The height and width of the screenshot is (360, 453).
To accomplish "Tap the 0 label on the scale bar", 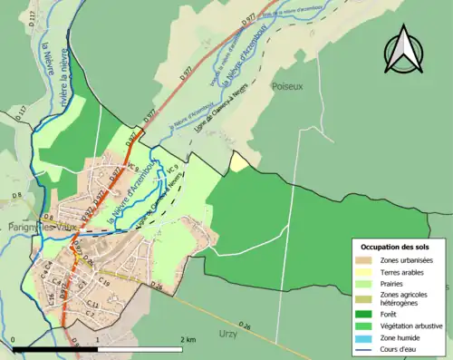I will click(x=14, y=339).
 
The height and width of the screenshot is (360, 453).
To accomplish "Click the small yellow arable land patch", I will click(x=238, y=161).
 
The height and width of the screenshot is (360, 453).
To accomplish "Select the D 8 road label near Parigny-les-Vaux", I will click(x=16, y=194).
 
